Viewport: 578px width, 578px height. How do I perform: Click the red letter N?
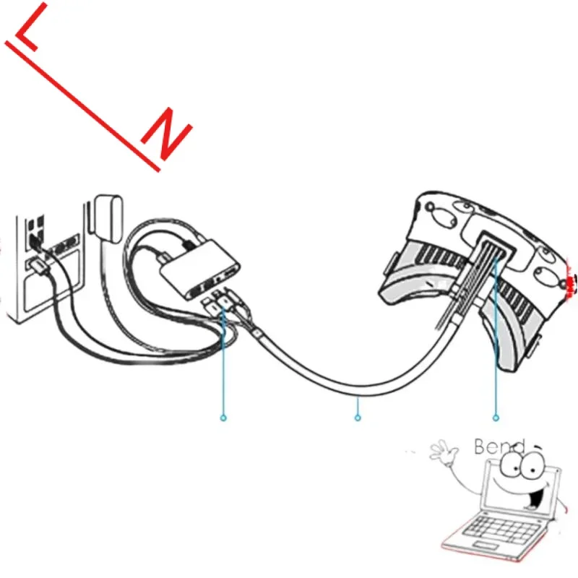coord(167,135)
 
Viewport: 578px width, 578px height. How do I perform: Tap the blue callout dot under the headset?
coord(496,417)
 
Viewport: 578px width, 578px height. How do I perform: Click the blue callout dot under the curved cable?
coord(357,417)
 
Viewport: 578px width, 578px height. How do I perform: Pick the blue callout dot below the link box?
coord(223,417)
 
